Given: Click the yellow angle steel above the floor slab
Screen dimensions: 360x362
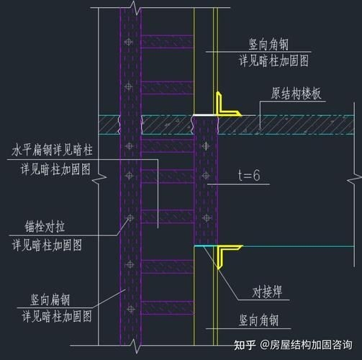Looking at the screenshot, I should coord(225,106).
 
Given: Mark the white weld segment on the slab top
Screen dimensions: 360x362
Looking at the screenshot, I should coord(204,114).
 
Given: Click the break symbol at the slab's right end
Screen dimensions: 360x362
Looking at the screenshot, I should coord(352,125).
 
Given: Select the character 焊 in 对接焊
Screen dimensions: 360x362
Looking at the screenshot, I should coord(278,293).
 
